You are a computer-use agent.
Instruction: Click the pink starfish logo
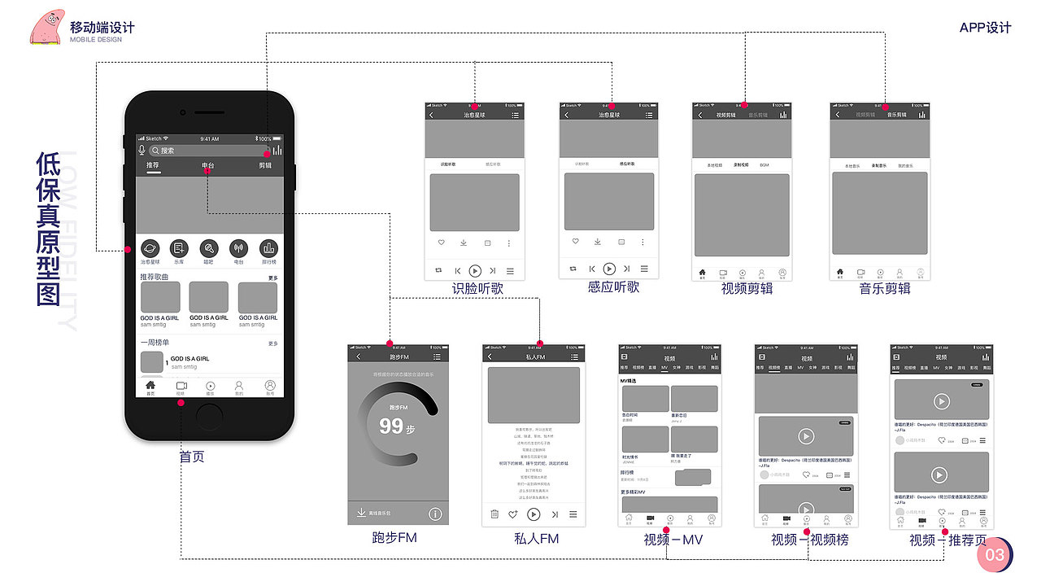[x=47, y=26]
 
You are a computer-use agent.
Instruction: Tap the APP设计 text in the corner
[x=985, y=28]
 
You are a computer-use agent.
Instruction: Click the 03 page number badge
[x=995, y=555]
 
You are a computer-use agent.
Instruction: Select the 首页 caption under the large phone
[x=192, y=457]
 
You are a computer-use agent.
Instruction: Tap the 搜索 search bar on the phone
[x=203, y=151]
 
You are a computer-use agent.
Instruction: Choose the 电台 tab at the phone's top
[x=209, y=166]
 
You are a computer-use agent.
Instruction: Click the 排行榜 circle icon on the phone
[x=268, y=249]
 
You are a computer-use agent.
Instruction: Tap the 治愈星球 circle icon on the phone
[x=150, y=249]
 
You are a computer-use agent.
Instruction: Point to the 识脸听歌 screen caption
[x=478, y=289]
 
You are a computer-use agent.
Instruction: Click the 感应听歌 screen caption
[x=613, y=287]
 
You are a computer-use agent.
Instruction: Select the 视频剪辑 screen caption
[x=747, y=288]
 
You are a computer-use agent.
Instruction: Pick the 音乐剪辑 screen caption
[x=885, y=288]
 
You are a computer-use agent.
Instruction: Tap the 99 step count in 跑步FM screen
[x=391, y=426]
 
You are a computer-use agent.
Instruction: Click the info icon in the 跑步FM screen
[x=435, y=514]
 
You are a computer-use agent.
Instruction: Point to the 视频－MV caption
[x=673, y=540]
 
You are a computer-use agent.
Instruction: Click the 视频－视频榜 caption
[x=810, y=540]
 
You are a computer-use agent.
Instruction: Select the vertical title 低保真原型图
[x=50, y=230]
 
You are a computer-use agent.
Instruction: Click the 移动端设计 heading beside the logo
[x=102, y=27]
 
